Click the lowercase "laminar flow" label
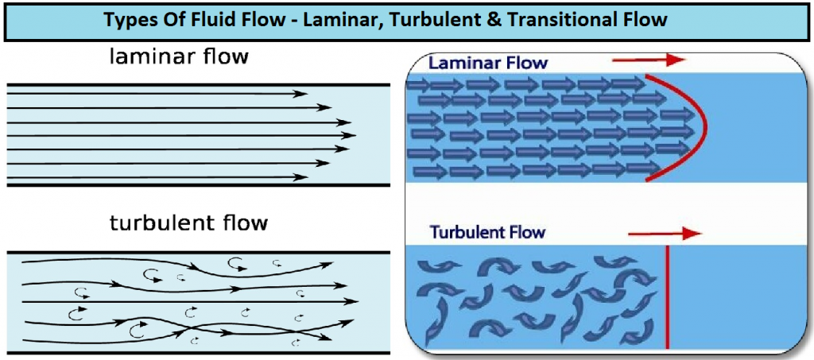[180, 56]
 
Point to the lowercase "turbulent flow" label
[189, 223]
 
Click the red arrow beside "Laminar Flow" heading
[649, 60]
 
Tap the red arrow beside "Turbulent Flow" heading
[665, 234]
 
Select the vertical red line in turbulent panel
[667, 297]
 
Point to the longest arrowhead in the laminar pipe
[351, 135]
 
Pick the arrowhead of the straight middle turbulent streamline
[352, 301]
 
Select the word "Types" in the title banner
[127, 20]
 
